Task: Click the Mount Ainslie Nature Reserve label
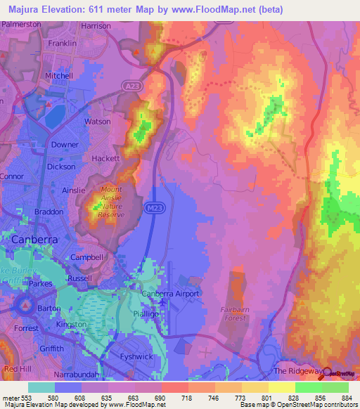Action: click(x=111, y=202)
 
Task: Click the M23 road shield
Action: click(x=155, y=209)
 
